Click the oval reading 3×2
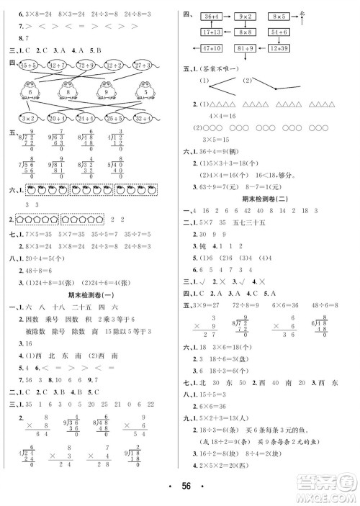[x=27, y=117]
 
